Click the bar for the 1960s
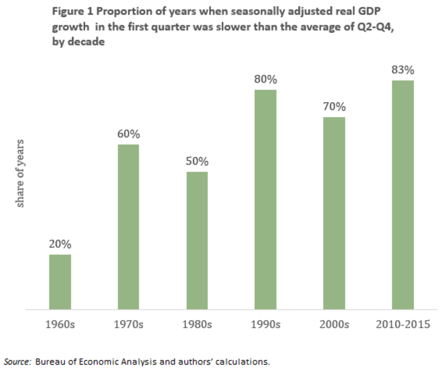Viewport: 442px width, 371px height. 60,282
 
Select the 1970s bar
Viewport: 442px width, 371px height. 128,227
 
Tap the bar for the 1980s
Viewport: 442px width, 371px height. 197,241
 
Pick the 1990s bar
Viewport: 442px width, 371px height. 266,200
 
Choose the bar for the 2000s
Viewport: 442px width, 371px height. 334,213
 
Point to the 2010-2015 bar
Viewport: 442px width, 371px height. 403,195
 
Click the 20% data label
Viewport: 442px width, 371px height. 60,244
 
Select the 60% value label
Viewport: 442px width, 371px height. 128,134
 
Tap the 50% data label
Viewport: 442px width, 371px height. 197,162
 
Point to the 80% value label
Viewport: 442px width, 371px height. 266,80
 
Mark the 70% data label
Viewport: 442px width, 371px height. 334,107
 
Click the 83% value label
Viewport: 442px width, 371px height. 403,70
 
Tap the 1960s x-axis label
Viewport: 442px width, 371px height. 60,324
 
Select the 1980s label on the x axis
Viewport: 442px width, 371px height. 197,324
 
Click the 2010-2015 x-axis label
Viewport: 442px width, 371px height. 403,324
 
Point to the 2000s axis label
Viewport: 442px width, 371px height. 334,324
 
